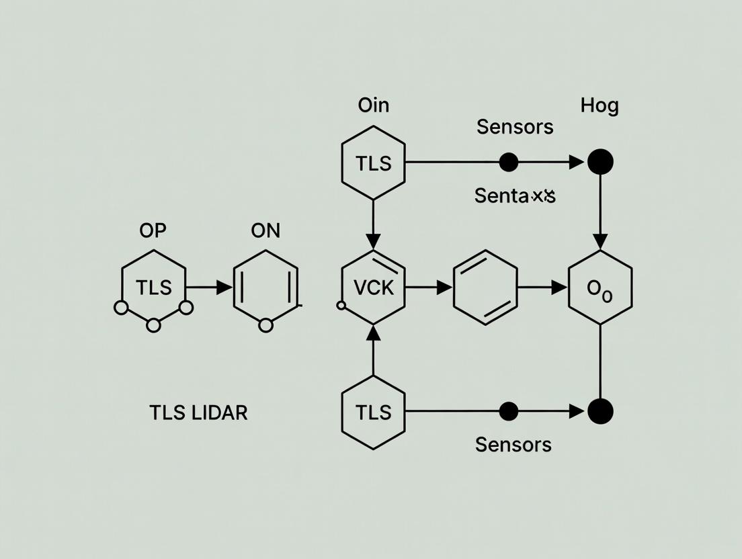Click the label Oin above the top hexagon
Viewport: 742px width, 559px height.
(x=374, y=105)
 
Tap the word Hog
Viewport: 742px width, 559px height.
(x=599, y=105)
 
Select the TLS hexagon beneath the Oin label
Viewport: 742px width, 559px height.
(x=374, y=163)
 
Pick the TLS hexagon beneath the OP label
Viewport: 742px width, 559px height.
(x=154, y=288)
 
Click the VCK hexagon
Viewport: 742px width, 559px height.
(x=374, y=288)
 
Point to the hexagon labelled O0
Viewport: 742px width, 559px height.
(x=600, y=288)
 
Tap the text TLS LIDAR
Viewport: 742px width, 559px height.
(x=198, y=413)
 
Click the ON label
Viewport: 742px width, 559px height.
(x=265, y=230)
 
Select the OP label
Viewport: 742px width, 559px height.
(x=153, y=230)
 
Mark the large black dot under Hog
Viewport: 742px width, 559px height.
(x=600, y=162)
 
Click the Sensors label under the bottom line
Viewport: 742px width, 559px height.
(x=513, y=444)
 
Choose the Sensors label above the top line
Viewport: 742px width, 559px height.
(x=515, y=126)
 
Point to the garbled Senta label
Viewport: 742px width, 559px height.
(x=515, y=196)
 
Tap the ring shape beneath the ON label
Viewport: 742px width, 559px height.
(x=265, y=288)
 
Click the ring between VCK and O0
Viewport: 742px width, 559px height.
(x=485, y=288)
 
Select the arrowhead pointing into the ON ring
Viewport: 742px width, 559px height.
(x=224, y=288)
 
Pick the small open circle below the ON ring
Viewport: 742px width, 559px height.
(x=265, y=326)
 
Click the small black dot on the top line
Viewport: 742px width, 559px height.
(x=509, y=162)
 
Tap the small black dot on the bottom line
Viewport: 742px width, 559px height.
(x=509, y=411)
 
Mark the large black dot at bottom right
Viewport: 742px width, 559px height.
(x=600, y=411)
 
